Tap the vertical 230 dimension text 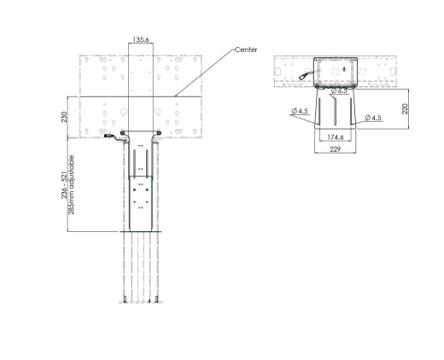coord(65,117)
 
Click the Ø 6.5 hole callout coord(341,90)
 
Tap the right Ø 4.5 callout coord(372,117)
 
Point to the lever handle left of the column coord(111,135)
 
